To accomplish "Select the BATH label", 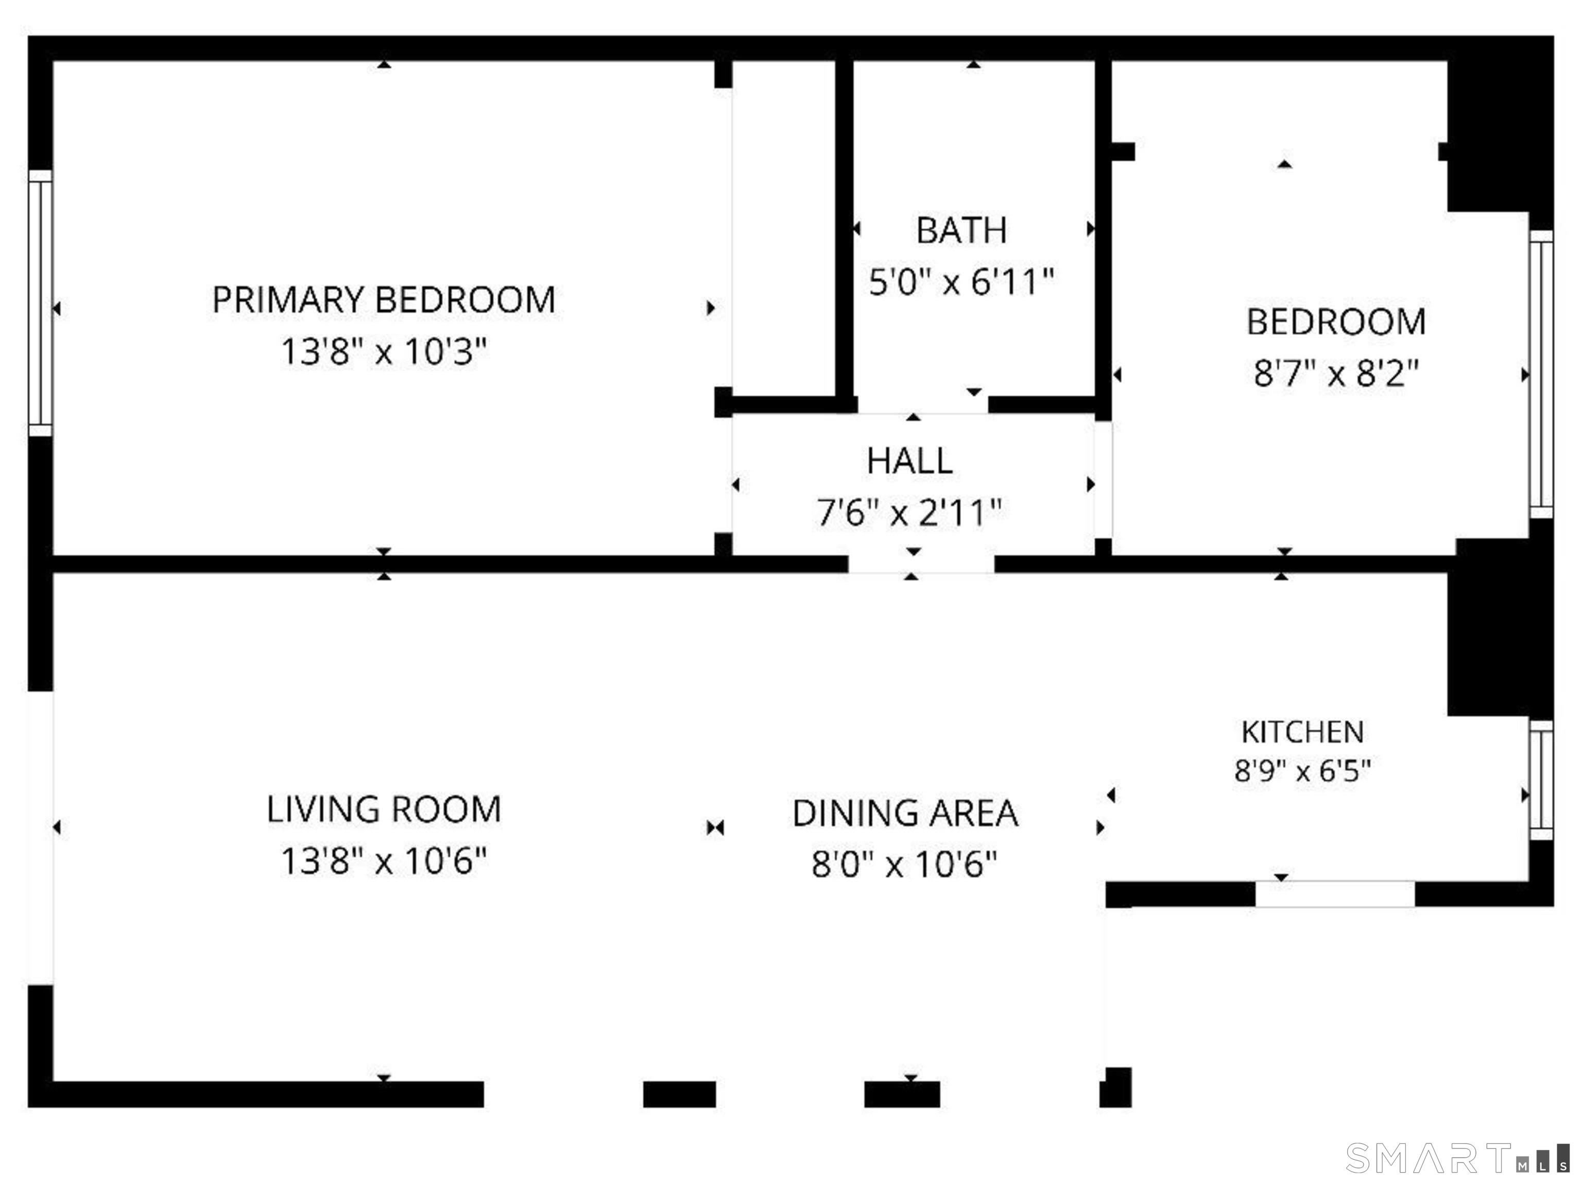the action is [961, 230].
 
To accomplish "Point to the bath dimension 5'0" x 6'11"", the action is [961, 281].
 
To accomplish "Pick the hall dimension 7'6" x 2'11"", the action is [910, 512].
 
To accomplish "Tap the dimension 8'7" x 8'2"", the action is [1336, 373].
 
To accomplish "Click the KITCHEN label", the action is [1302, 731].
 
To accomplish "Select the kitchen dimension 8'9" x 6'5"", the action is [1302, 771].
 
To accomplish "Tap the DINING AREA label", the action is [905, 813].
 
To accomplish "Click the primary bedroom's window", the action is [40, 303].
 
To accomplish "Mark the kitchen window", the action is [1542, 781].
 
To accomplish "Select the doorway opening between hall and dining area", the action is [921, 564].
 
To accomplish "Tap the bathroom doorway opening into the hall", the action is [923, 405].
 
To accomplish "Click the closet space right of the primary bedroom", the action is [784, 229].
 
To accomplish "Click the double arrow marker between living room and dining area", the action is [715, 828].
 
